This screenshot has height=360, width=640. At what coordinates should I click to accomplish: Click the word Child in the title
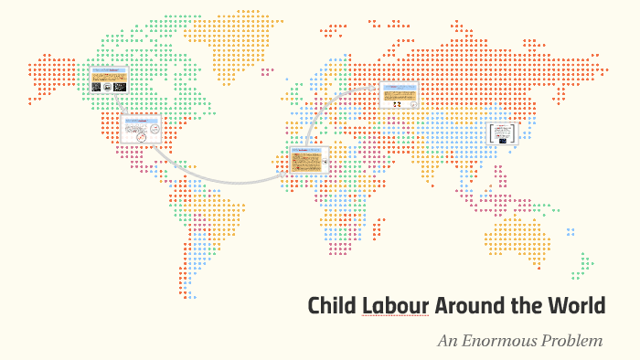point(331,305)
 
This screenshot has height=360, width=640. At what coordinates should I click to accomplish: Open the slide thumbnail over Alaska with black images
point(109,81)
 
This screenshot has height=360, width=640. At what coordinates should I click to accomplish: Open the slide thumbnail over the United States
point(141,130)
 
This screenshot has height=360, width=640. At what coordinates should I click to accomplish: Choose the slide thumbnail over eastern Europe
point(399,96)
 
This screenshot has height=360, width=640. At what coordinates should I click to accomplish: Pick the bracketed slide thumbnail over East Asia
point(502,133)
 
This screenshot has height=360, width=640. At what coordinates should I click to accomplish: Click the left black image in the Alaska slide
point(100,87)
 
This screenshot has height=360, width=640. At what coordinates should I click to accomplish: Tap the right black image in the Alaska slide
point(119,87)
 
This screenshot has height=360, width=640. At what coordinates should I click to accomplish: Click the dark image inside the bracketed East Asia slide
point(502,133)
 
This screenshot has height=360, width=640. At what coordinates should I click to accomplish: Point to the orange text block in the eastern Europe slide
point(399,91)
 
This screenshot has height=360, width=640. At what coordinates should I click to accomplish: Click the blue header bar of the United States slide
point(141,120)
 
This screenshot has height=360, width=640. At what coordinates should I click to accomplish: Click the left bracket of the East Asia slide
point(489,133)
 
